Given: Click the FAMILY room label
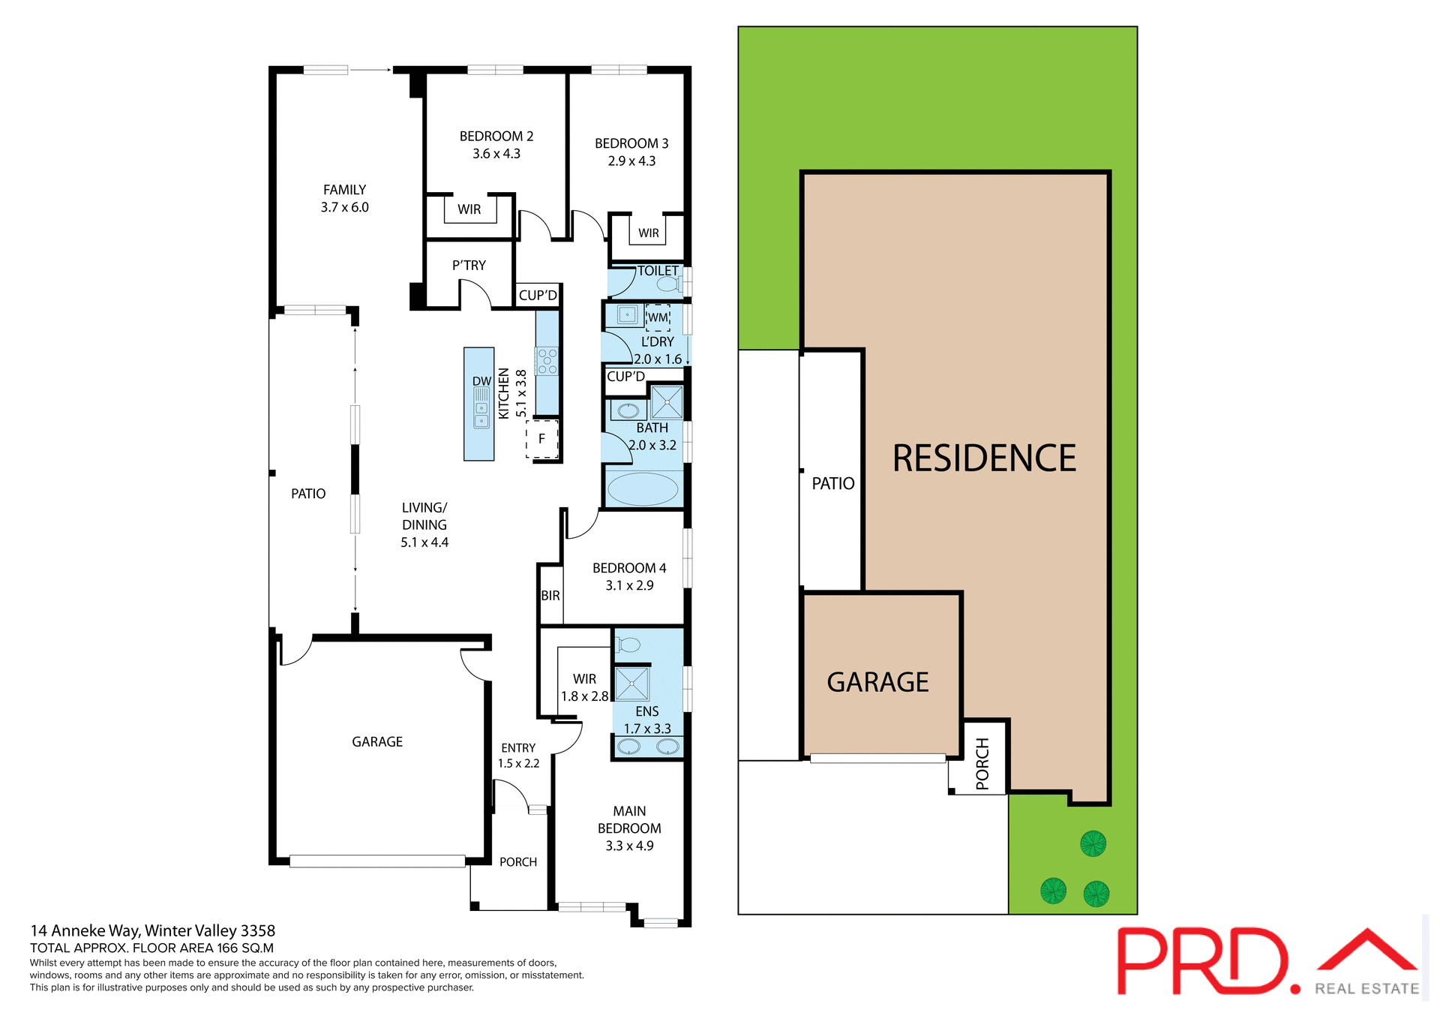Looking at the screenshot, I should click(x=344, y=190).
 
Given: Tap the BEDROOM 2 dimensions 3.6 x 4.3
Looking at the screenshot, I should click(x=496, y=154).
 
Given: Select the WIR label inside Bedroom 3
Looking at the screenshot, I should click(x=648, y=233).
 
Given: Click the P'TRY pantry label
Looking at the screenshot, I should click(x=469, y=266).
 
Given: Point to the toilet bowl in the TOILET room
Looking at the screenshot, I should click(x=667, y=284).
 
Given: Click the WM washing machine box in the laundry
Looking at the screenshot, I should click(x=658, y=317).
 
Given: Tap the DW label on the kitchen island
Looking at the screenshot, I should click(x=481, y=381).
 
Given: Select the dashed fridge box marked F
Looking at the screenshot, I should click(x=541, y=439).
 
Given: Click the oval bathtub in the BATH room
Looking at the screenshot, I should click(x=643, y=489).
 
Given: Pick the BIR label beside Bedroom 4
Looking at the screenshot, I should click(x=550, y=596).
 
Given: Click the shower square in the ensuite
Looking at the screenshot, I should click(x=632, y=684).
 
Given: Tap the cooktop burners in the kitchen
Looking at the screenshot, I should click(x=547, y=361).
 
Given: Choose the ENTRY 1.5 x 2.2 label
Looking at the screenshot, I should click(x=518, y=756).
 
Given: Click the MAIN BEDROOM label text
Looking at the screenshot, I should click(x=629, y=819).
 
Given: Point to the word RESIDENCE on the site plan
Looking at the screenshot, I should click(x=984, y=458).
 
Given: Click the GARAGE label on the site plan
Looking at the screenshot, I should click(x=877, y=682).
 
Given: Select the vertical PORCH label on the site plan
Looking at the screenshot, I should click(x=982, y=764).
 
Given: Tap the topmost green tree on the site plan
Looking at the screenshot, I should click(x=1093, y=843).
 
